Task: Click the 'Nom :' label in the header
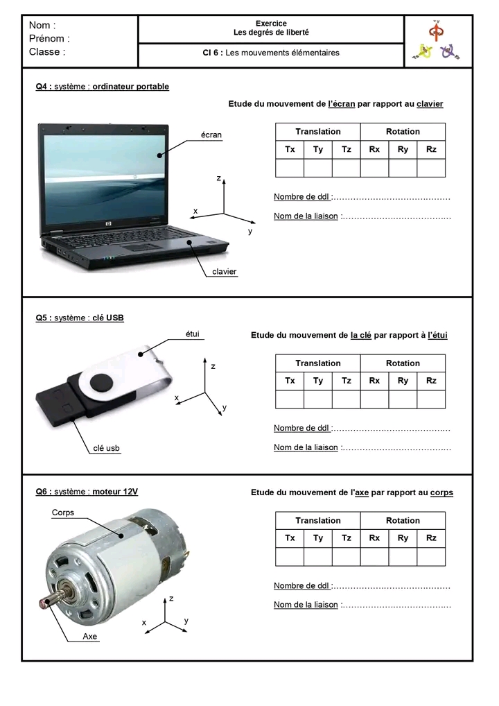42,26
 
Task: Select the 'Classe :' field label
47,52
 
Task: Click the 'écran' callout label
211,135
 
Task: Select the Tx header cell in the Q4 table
290,150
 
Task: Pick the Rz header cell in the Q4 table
431,150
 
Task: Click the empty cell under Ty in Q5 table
318,399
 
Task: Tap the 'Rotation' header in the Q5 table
403,363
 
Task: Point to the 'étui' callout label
193,334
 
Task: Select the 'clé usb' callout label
107,449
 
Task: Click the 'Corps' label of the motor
63,513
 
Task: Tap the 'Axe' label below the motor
90,636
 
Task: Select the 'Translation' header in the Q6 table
318,521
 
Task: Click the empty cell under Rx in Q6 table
374,557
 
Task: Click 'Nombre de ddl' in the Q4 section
302,197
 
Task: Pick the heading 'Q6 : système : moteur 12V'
87,492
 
